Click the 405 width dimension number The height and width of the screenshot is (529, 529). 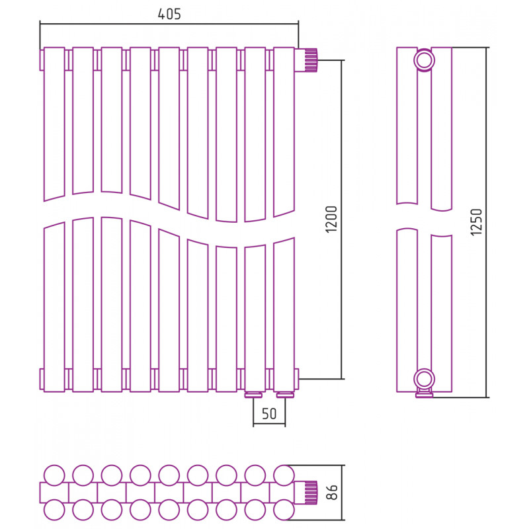pos(169,14)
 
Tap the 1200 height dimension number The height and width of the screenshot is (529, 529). pos(332,219)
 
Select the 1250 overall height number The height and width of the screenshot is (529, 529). pos(476,222)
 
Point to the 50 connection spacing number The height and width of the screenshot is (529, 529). pos(269,414)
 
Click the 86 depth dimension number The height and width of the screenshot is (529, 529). pos(333,492)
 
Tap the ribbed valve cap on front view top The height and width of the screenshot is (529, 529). pos(311,60)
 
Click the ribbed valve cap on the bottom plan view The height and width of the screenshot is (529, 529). pos(311,493)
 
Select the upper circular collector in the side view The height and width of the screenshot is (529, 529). pos(424,60)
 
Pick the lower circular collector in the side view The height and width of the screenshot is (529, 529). pos(424,379)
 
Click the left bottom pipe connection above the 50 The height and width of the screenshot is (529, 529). pos(254,395)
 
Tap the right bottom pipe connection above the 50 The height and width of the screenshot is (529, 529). pos(285,395)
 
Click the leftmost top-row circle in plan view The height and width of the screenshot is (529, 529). pos(54,475)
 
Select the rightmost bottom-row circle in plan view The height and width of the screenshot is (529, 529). pos(284,509)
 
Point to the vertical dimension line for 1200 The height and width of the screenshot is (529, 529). pos(342,220)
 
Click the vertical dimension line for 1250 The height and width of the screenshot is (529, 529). pos(487,222)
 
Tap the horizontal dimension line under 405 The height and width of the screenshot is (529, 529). pos(169,24)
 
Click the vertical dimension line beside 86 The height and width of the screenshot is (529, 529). pos(342,493)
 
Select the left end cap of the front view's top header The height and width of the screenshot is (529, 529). pos(42,60)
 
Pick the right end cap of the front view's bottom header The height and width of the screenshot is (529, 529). pos(296,379)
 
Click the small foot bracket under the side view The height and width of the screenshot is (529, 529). pos(424,393)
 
